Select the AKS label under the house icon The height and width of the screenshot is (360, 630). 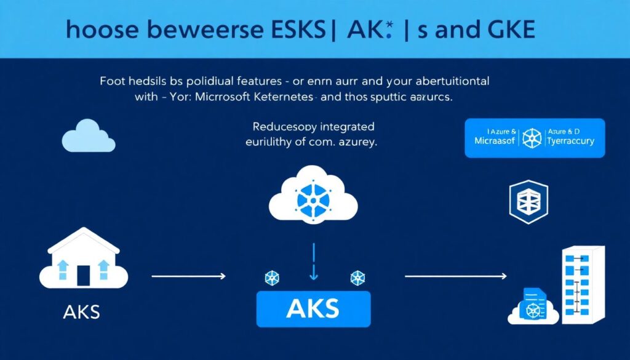tap(81, 312)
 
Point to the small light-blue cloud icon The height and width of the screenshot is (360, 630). tap(88, 137)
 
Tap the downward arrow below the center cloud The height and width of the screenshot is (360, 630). tap(313, 261)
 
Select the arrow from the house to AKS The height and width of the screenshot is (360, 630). tap(188, 277)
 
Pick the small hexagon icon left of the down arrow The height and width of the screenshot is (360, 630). tap(271, 278)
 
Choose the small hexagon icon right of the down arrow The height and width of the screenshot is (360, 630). tap(356, 278)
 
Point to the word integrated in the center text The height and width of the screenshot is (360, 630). tap(345, 127)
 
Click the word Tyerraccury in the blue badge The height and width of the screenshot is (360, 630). tap(571, 142)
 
